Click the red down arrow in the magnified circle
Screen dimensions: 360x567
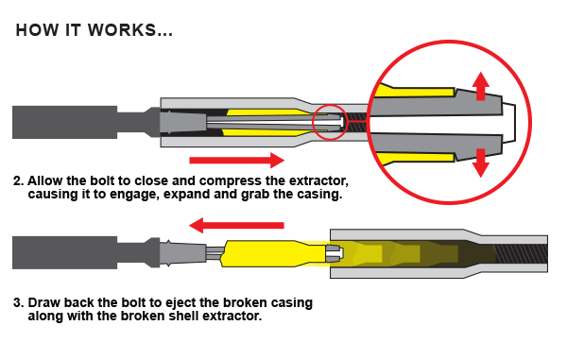[481, 161]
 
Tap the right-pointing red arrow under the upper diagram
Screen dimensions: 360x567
[237, 160]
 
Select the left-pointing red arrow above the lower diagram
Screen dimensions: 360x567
[237, 225]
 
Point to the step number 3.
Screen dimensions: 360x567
[18, 303]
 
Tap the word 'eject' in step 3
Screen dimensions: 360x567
[175, 303]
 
